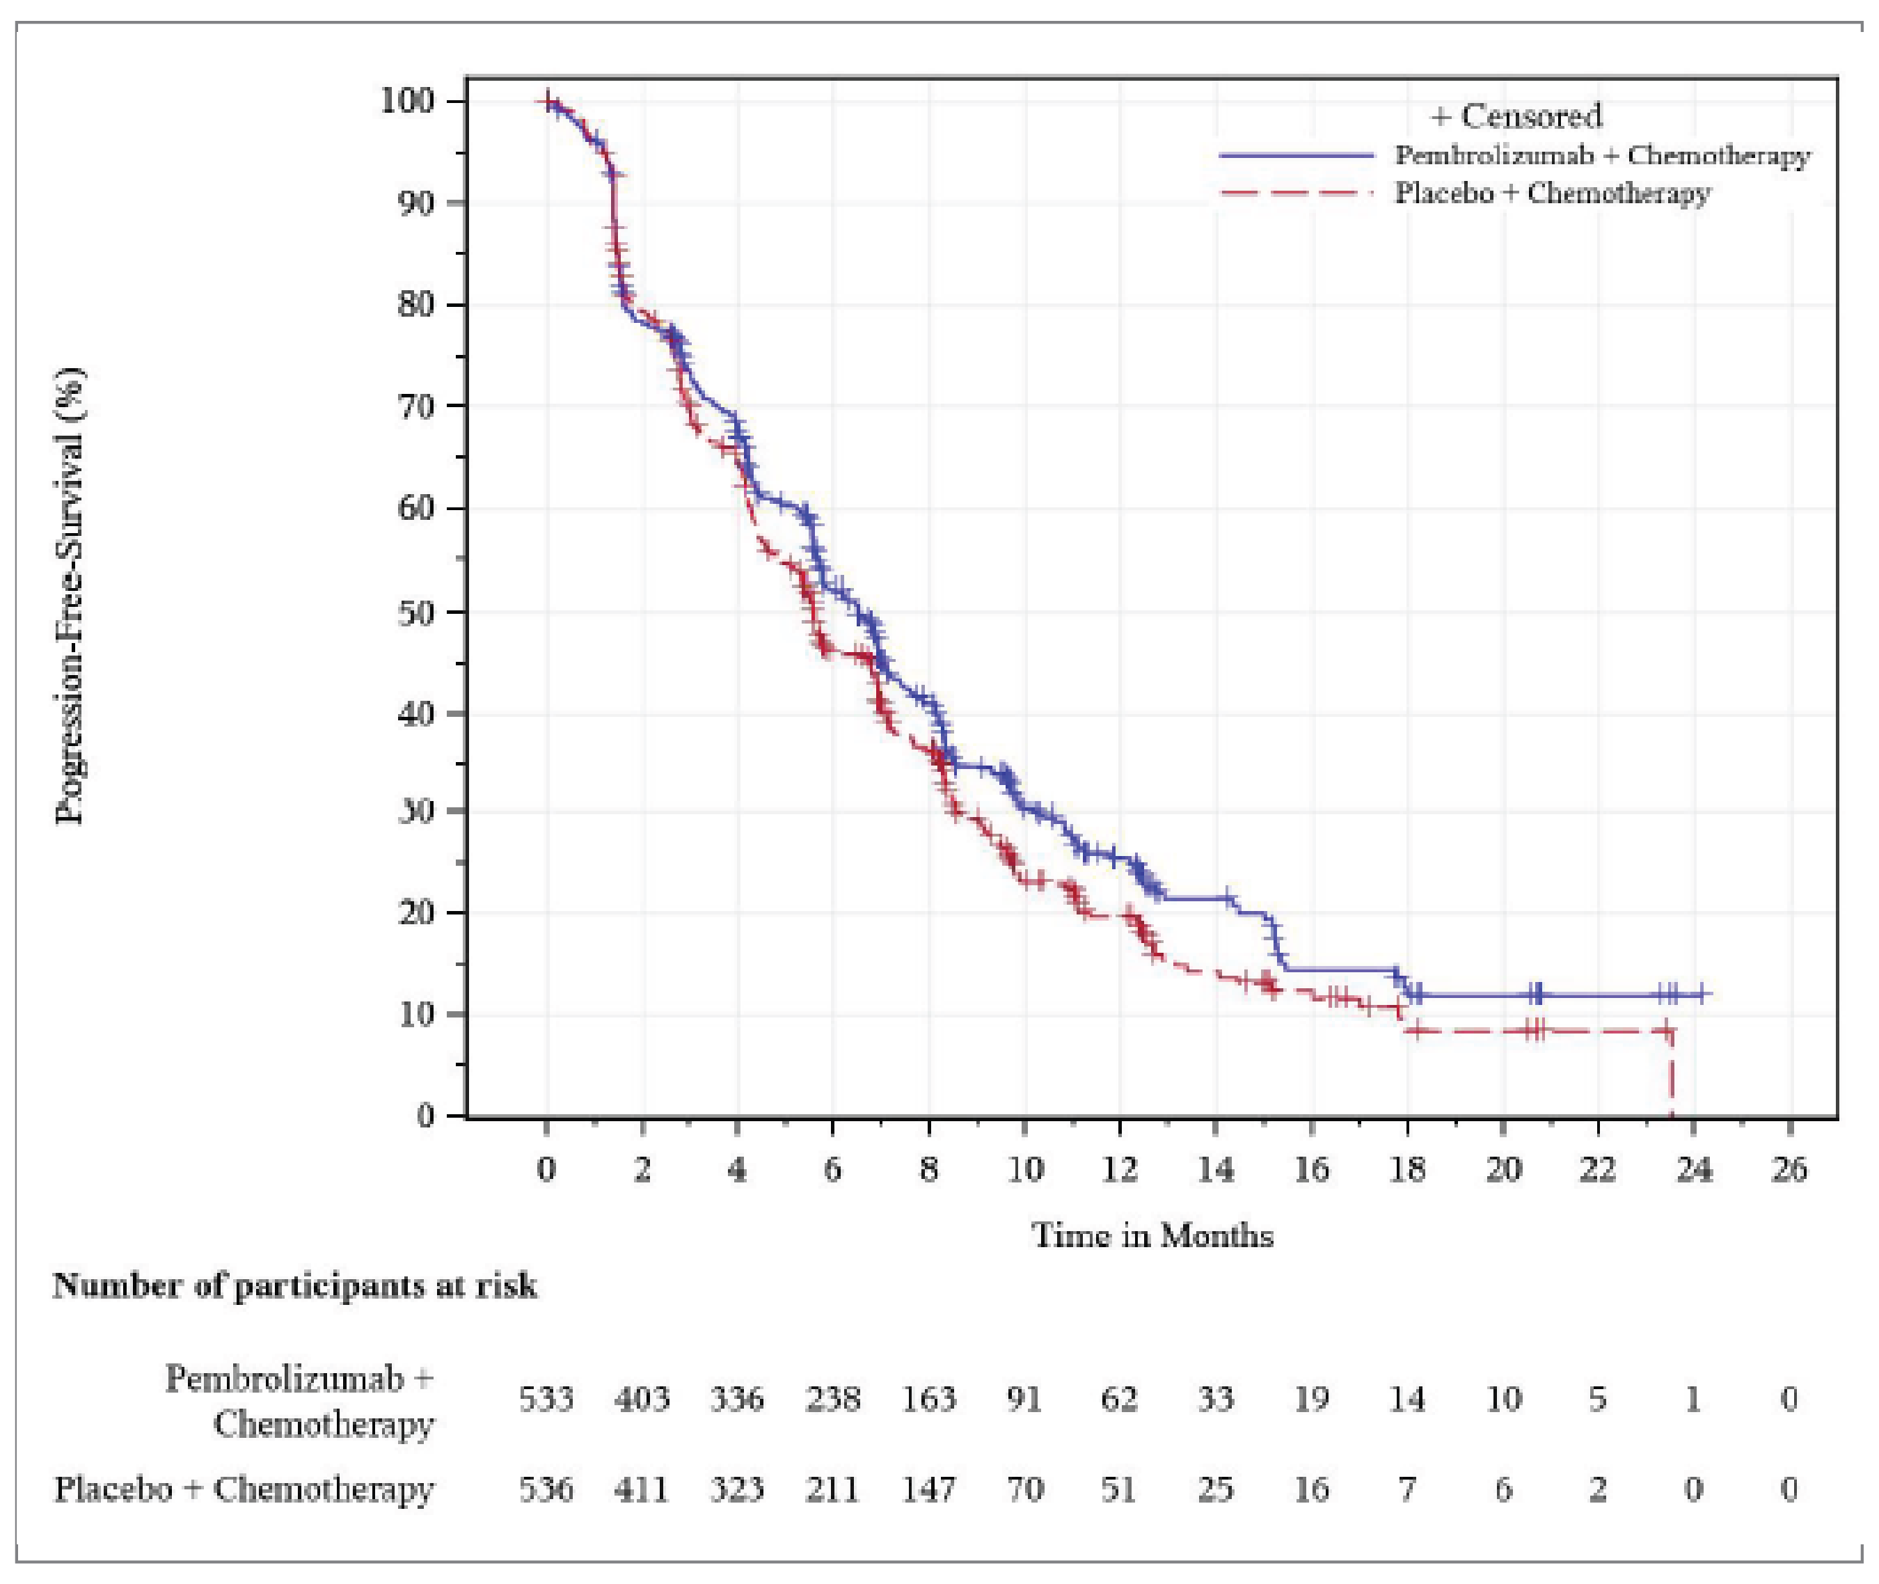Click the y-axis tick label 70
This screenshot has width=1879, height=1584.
(417, 406)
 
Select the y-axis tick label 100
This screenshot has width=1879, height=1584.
(409, 101)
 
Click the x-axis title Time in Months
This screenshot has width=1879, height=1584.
(1152, 1235)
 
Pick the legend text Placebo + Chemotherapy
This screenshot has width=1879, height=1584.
(1552, 193)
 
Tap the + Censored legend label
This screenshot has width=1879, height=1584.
(1516, 116)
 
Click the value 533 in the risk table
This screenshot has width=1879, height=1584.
(546, 1399)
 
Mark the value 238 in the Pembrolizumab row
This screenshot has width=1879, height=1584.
(832, 1399)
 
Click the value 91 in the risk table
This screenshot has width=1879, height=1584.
(1024, 1399)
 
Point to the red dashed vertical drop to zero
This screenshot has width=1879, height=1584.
(1672, 1077)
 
